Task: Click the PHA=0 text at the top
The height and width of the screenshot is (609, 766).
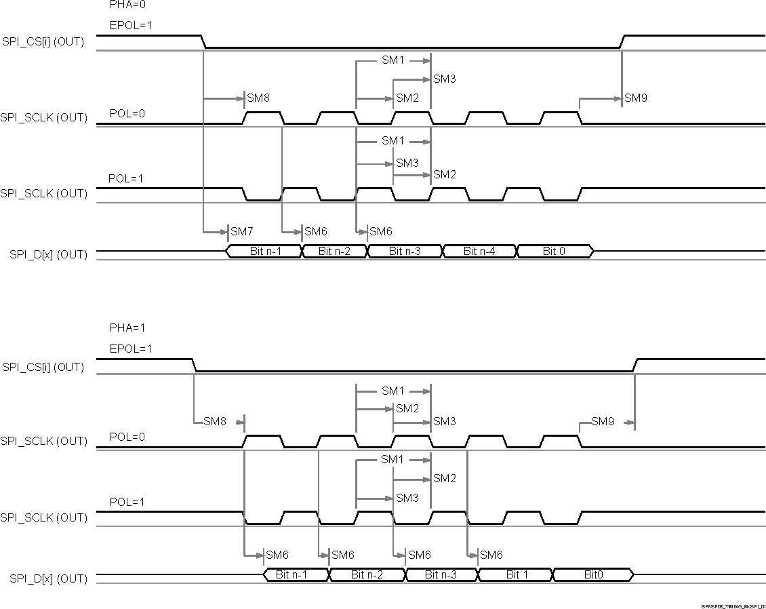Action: pyautogui.click(x=127, y=5)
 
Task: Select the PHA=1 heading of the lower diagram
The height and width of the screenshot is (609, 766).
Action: pyautogui.click(x=127, y=328)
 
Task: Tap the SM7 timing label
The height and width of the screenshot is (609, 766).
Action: pyautogui.click(x=241, y=232)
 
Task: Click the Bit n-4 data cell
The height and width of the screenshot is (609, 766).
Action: pyautogui.click(x=479, y=252)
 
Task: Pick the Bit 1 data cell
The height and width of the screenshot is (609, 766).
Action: pyautogui.click(x=517, y=575)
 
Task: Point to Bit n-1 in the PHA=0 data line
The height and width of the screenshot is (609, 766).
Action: pyautogui.click(x=266, y=252)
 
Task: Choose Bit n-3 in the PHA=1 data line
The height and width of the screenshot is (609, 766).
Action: pyautogui.click(x=441, y=575)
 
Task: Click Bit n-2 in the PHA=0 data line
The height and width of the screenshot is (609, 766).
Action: pyautogui.click(x=334, y=252)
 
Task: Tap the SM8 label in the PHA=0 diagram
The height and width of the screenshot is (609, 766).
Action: pyautogui.click(x=258, y=98)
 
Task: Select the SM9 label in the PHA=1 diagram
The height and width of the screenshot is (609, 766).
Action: pyautogui.click(x=602, y=422)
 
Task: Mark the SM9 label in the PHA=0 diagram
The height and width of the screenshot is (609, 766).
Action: pyautogui.click(x=636, y=98)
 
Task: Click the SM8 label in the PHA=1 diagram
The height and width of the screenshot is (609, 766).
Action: pyautogui.click(x=215, y=422)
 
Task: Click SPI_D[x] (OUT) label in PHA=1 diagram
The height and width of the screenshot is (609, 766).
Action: pyautogui.click(x=48, y=578)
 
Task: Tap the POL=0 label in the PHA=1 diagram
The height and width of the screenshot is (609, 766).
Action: pyautogui.click(x=127, y=437)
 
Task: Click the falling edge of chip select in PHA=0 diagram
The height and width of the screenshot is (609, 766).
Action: pyautogui.click(x=204, y=42)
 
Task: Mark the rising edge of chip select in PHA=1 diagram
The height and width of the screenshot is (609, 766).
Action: pyautogui.click(x=634, y=366)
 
